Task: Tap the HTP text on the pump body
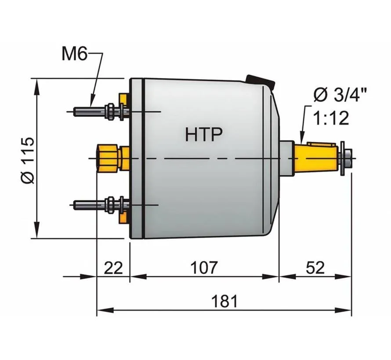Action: coord(203,134)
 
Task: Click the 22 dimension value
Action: coord(113,267)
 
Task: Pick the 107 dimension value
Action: coord(204,267)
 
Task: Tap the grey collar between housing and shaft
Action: coord(286,157)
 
